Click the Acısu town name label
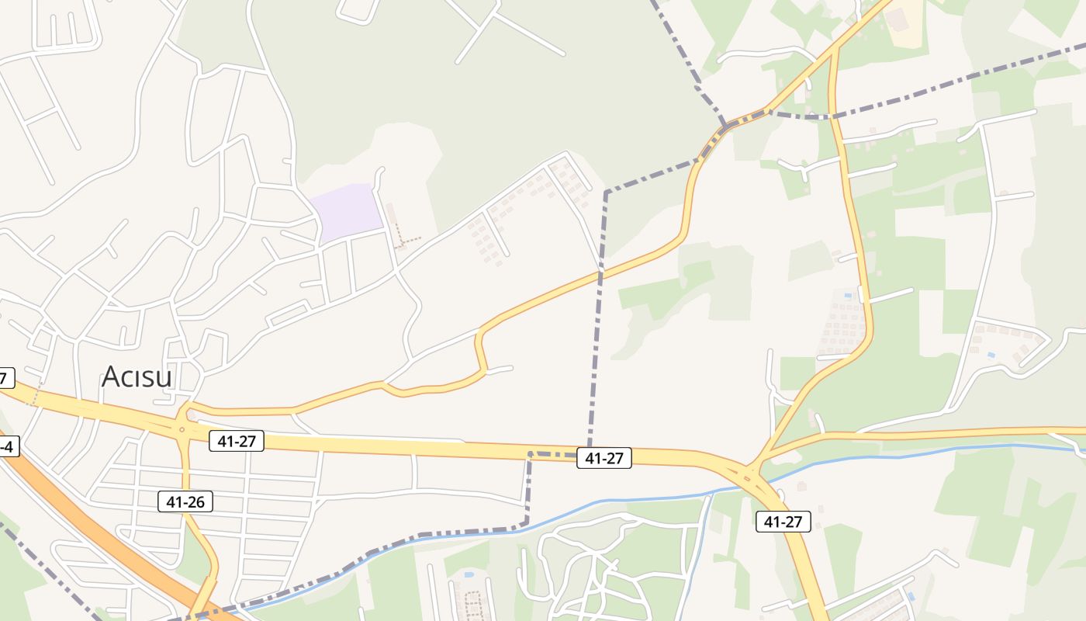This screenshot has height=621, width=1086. click(137, 377)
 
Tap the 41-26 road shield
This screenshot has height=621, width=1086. click(185, 501)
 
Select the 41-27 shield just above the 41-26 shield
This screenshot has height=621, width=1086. click(237, 442)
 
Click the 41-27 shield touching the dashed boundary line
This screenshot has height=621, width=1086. click(604, 458)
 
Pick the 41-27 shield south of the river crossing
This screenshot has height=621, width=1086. click(783, 522)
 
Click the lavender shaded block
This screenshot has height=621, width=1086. click(347, 212)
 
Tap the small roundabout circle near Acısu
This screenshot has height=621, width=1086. click(182, 428)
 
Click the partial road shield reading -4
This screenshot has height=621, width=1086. click(6, 446)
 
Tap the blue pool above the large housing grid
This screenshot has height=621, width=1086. click(859, 294)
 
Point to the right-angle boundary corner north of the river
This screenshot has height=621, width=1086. click(530, 453)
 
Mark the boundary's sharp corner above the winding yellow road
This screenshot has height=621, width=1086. click(606, 192)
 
